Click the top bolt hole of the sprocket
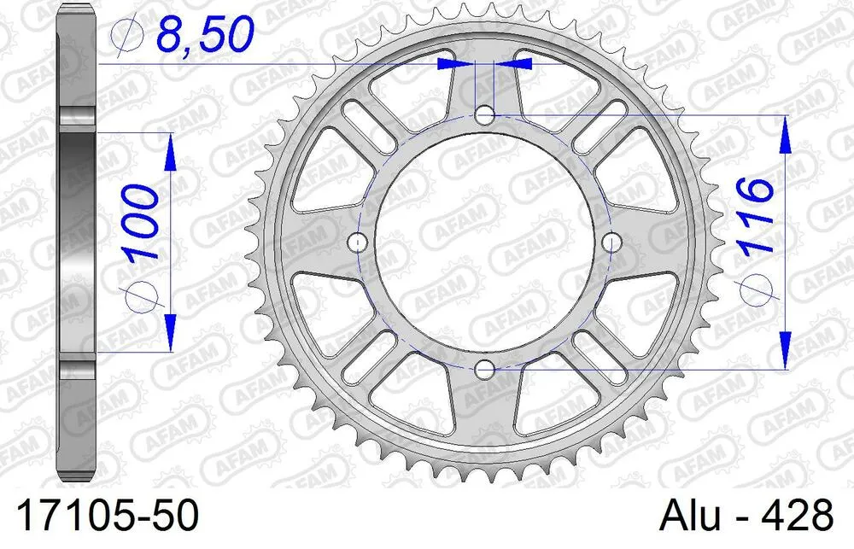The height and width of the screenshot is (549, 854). pyautogui.click(x=485, y=114)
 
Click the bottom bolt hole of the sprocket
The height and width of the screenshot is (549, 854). pyautogui.click(x=485, y=370)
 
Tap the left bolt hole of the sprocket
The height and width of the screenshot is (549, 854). pyautogui.click(x=358, y=243)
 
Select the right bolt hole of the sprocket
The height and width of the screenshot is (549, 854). pyautogui.click(x=611, y=243)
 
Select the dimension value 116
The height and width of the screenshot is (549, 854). pyautogui.click(x=757, y=216)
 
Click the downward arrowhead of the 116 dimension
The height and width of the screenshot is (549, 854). pyautogui.click(x=784, y=350)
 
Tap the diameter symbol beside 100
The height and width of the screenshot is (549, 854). pyautogui.click(x=140, y=295)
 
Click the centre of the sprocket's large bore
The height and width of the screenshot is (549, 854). pyautogui.click(x=485, y=243)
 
